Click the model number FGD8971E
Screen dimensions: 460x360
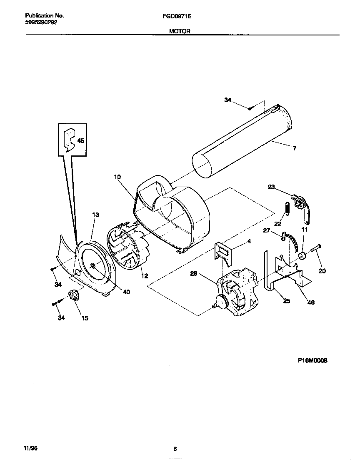pyautogui.click(x=180, y=16)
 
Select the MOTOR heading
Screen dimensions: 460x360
pyautogui.click(x=180, y=31)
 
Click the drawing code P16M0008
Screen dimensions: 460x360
pyautogui.click(x=312, y=361)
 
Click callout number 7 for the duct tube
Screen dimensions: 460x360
pyautogui.click(x=294, y=148)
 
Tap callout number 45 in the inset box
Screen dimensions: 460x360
pyautogui.click(x=80, y=141)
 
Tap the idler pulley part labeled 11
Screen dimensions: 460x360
pyautogui.click(x=302, y=255)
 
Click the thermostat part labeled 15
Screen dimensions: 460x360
pyautogui.click(x=75, y=297)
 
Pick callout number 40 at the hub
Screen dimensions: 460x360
pyautogui.click(x=126, y=292)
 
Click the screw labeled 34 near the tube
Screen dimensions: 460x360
pyautogui.click(x=249, y=108)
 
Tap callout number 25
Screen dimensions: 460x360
pyautogui.click(x=286, y=301)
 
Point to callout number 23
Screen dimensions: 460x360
pyautogui.click(x=271, y=187)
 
